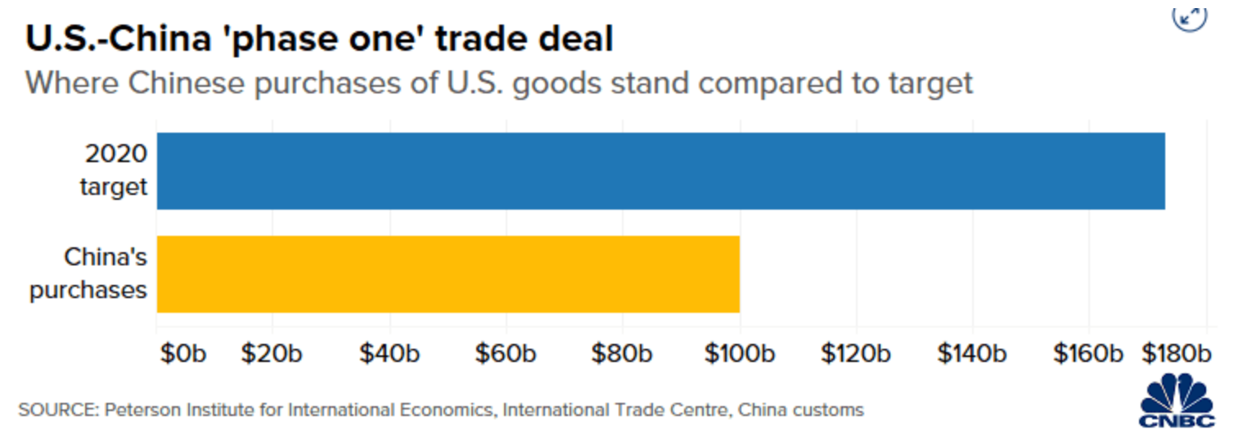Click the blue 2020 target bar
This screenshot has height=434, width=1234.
660,170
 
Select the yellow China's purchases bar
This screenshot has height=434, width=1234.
448,274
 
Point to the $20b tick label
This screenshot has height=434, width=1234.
272,354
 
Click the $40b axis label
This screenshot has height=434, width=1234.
390,354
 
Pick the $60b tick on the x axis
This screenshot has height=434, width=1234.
506,354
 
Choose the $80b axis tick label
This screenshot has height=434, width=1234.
623,354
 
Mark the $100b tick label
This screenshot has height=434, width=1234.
739,354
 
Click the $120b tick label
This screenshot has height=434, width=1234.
856,354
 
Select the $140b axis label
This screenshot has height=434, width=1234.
972,354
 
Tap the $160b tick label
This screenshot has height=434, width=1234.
1089,354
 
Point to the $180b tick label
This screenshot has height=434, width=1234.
1176,354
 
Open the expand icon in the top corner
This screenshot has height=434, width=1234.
1189,16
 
